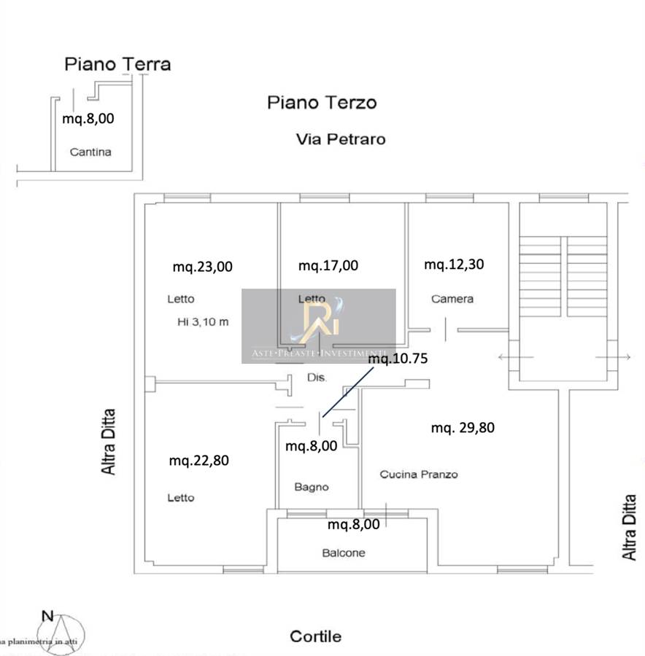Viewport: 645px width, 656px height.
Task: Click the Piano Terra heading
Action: coord(117,64)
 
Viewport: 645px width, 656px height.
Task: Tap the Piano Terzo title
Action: coord(322,103)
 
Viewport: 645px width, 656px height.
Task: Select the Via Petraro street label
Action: coord(340,138)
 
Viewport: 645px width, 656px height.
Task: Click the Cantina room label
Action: coord(90,152)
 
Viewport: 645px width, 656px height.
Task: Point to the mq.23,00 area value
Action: coord(202,267)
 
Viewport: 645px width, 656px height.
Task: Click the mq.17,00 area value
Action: coord(328,266)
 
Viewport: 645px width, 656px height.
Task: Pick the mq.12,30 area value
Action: coord(454,265)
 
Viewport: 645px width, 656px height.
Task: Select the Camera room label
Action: coord(452,299)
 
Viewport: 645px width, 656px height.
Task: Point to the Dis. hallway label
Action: coord(317,378)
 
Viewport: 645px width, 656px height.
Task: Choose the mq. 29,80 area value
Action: coord(462,428)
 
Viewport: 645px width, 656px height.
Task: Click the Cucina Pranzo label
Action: coord(419,475)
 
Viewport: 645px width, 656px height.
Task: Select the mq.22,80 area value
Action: coord(199,461)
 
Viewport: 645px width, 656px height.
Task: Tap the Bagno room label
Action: coord(312,487)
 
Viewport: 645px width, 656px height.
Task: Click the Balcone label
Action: coord(344,553)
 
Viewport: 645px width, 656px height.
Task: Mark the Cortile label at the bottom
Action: coord(315,636)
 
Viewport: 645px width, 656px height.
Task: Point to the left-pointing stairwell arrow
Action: coord(514,357)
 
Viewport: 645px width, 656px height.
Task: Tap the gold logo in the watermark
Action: coord(319,319)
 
